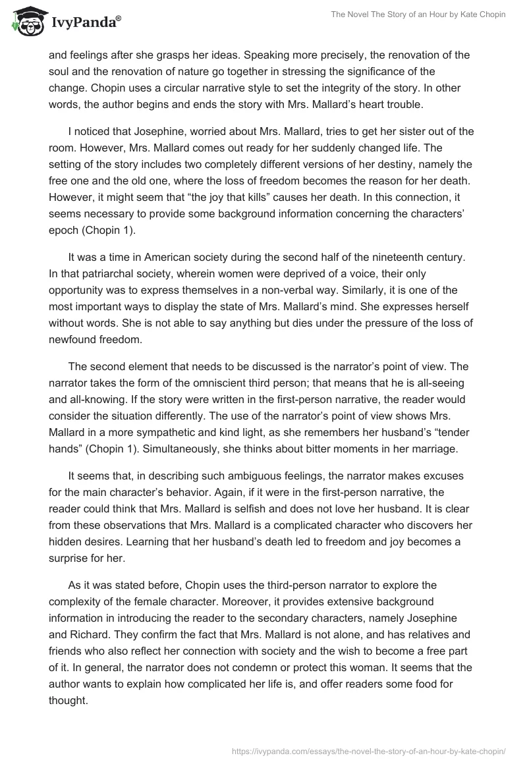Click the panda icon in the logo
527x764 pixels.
point(24,22)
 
